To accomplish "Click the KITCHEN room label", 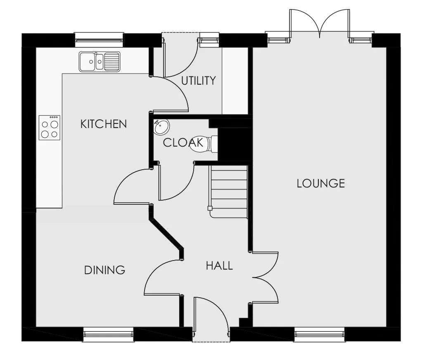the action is (x=104, y=124).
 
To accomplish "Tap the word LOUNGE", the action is (x=321, y=183).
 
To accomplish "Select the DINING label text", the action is (x=105, y=270).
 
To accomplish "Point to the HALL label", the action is (x=219, y=266).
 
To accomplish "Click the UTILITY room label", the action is (x=199, y=81).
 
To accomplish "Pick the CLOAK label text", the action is (x=183, y=142).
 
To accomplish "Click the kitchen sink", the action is (x=100, y=62).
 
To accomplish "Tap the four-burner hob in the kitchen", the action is (x=50, y=128).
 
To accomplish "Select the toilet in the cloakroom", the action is (x=204, y=144).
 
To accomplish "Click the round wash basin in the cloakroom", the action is (x=161, y=127).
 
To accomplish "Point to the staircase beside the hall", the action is (x=228, y=192).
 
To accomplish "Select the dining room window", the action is (x=108, y=334).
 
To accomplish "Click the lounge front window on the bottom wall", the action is (x=320, y=334).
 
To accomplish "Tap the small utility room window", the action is (x=209, y=38).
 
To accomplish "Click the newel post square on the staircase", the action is (x=210, y=208).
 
